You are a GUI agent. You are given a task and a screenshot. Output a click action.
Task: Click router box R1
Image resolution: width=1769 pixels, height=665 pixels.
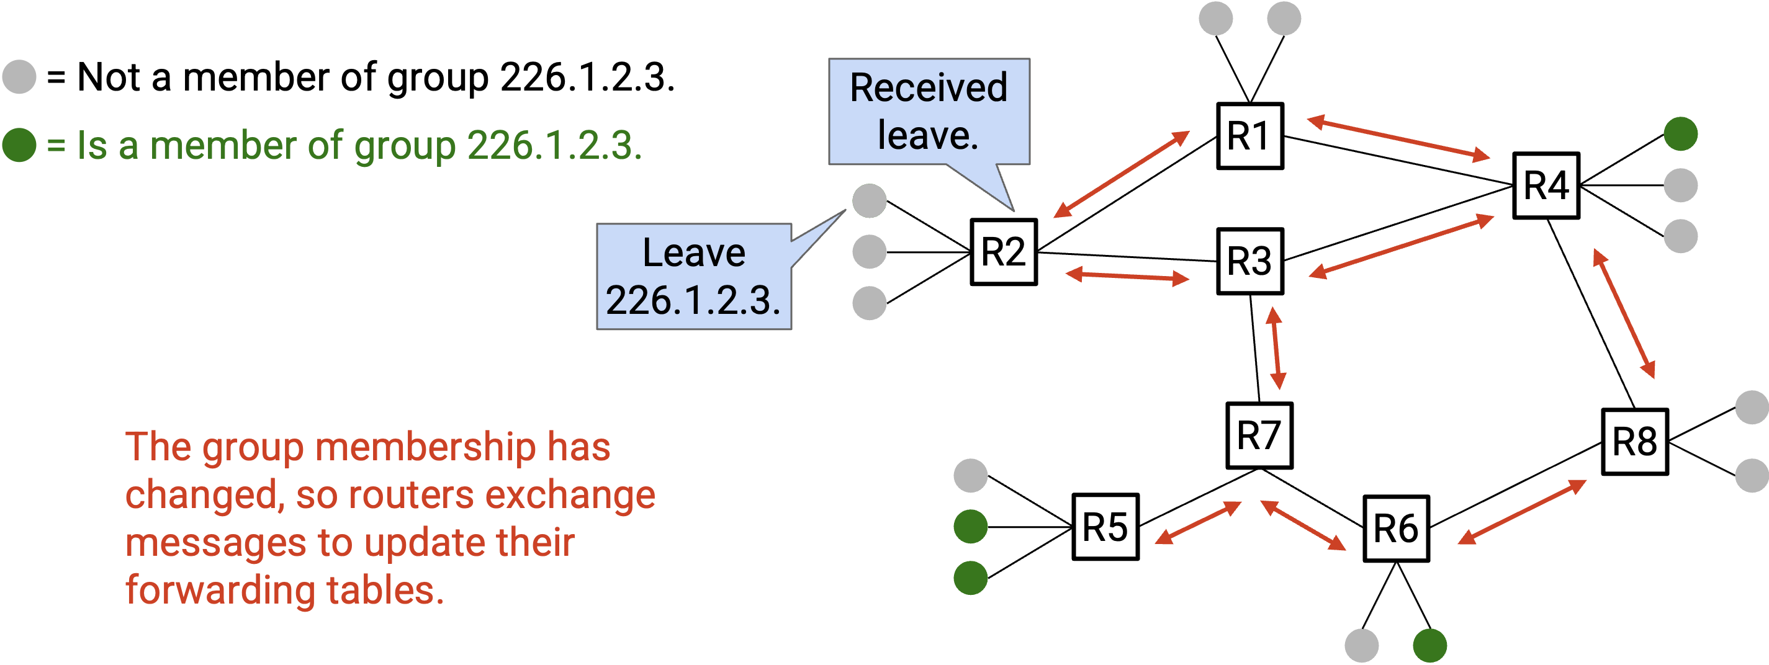pos(1250,136)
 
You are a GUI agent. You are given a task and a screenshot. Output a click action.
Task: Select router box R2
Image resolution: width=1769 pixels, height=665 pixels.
pos(1003,252)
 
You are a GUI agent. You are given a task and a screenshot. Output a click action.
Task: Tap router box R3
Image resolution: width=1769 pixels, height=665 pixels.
pos(1250,261)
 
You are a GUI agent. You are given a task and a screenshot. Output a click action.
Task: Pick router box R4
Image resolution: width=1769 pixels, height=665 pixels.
pos(1547,185)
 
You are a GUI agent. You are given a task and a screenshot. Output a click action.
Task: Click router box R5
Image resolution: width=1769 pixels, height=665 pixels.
pos(1105,527)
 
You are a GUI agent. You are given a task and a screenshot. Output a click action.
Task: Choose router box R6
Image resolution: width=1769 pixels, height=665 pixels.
pos(1396,529)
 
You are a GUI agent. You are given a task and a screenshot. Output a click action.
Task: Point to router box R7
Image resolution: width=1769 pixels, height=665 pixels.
pos(1259,435)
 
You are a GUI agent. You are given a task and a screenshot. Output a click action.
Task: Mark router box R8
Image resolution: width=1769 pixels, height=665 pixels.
pos(1634,442)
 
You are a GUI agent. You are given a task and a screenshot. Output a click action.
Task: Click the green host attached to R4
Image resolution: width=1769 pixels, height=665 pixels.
pos(1680,134)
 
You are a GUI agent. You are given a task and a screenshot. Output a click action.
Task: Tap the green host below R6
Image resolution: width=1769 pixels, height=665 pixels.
pos(1429,646)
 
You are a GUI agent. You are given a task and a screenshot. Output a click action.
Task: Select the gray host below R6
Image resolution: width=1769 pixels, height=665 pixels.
pos(1361,646)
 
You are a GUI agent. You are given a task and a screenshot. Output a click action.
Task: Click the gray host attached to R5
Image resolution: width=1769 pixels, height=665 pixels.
pos(970,476)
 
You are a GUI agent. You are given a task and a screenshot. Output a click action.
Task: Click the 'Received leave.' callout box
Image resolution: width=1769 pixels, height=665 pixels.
pos(929,111)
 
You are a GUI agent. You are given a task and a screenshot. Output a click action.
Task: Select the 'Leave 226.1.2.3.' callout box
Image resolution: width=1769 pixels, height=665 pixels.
pos(693,277)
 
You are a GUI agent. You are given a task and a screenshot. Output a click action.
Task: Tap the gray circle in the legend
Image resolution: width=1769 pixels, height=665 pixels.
pos(19,76)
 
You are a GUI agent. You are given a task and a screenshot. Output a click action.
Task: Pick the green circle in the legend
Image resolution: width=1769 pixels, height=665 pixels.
pos(19,145)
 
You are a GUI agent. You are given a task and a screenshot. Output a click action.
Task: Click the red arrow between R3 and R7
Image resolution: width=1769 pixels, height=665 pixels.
pos(1276,348)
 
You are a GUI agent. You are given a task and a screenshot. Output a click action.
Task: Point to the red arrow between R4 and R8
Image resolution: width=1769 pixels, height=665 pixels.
pos(1624,314)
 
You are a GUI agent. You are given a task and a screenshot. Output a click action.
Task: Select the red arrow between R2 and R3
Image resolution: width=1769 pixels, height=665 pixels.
pos(1127,277)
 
